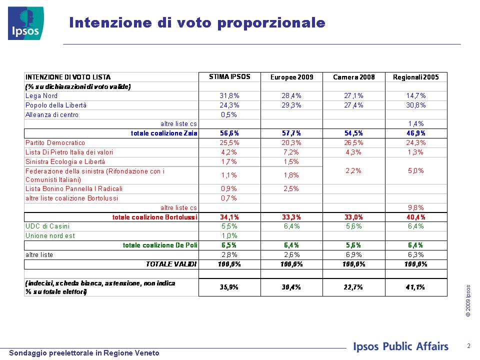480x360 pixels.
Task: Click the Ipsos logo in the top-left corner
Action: [25, 23]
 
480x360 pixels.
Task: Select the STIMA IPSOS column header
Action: [229, 77]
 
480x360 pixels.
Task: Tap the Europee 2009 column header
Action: [291, 77]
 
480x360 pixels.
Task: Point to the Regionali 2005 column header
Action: [415, 77]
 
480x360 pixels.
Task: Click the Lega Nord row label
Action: [41, 96]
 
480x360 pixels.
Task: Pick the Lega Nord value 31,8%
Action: [229, 96]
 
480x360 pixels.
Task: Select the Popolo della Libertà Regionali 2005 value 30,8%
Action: [415, 105]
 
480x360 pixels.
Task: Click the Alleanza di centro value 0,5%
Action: [229, 115]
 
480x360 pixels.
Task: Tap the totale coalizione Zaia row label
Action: [164, 133]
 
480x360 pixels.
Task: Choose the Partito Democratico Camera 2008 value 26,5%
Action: [353, 143]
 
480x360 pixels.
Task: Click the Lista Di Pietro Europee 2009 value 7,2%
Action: [291, 152]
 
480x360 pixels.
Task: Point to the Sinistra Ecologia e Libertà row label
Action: [65, 162]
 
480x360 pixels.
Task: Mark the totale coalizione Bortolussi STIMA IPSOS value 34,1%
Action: [229, 217]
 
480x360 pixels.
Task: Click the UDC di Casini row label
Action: [47, 226]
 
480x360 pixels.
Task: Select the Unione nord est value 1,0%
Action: [229, 236]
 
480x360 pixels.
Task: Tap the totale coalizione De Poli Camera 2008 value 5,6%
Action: [353, 245]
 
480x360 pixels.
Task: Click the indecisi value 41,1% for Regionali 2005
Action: [415, 287]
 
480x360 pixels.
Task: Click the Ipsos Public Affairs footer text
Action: [400, 346]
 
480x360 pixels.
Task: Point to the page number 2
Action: [468, 346]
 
